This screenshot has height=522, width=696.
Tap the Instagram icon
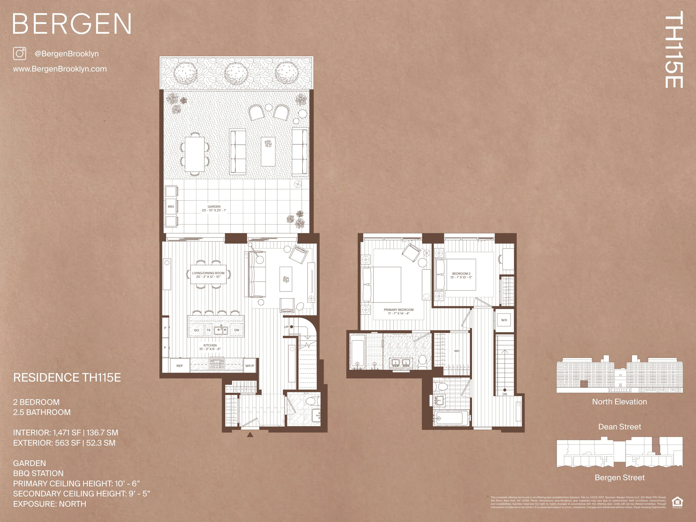(x=19, y=53)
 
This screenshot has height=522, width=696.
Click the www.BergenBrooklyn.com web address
(x=60, y=69)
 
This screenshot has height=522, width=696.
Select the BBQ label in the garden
(x=171, y=207)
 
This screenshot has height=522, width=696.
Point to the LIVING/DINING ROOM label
(x=208, y=275)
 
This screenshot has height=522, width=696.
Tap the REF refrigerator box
(x=180, y=366)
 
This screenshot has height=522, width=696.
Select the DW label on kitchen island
(x=237, y=330)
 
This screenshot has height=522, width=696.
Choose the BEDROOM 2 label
(x=461, y=275)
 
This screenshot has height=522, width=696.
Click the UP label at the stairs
(x=286, y=327)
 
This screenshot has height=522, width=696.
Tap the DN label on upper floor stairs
(x=505, y=394)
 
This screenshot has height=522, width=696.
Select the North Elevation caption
(x=619, y=402)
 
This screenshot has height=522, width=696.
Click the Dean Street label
(x=619, y=427)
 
